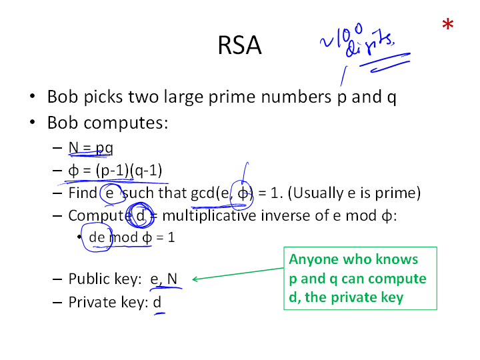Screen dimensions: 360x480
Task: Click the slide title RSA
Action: (239, 46)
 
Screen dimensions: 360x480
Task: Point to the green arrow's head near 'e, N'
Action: (195, 279)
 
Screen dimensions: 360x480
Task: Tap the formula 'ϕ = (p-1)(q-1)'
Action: (115, 170)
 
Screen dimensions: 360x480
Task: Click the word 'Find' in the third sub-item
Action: (83, 193)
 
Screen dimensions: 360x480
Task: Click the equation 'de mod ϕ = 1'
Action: (132, 237)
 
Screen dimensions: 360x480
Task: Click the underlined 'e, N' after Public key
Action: (165, 279)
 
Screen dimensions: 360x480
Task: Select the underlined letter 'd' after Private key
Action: (157, 302)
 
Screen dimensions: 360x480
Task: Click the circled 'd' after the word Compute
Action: (141, 215)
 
